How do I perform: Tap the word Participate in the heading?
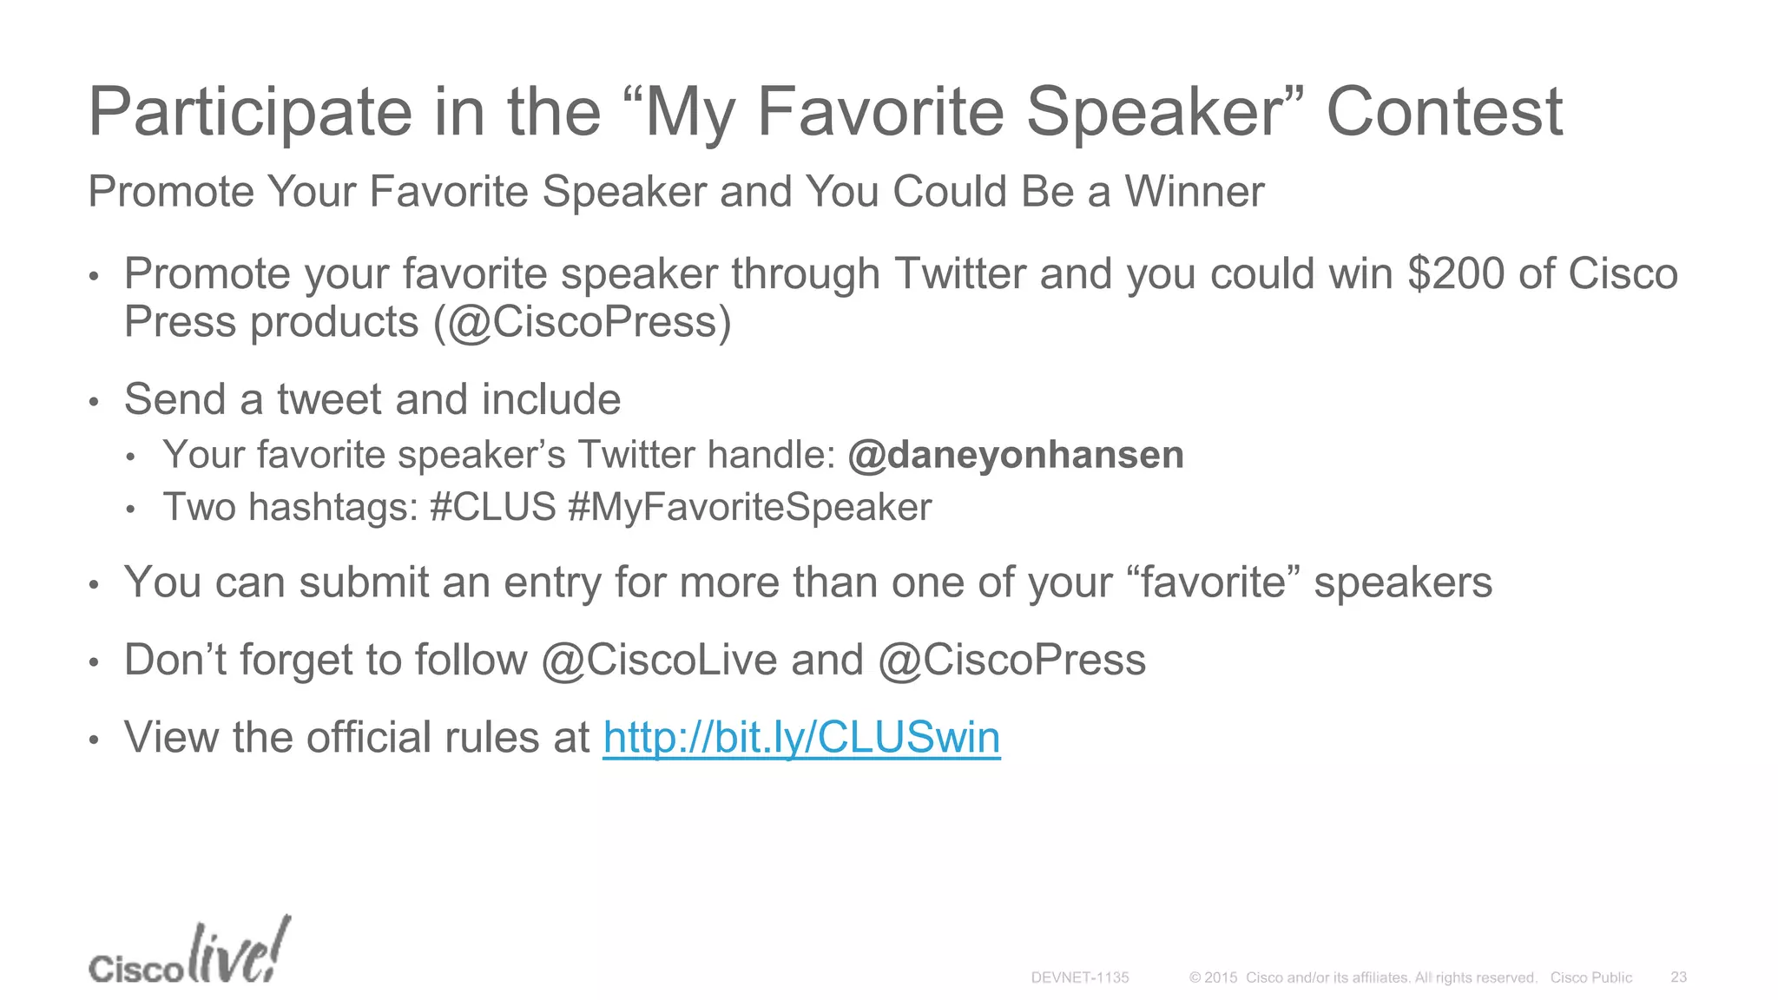click(251, 113)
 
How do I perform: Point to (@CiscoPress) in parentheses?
click(582, 323)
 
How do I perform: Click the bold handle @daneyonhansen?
click(1016, 455)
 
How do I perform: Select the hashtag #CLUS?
click(492, 507)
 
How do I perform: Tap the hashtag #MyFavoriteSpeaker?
click(749, 508)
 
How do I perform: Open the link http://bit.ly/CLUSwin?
click(801, 738)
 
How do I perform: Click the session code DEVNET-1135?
click(1079, 977)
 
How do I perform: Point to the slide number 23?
click(1678, 977)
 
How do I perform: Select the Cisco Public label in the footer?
click(1590, 977)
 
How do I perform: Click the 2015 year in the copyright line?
click(1221, 977)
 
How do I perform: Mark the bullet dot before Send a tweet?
click(95, 403)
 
